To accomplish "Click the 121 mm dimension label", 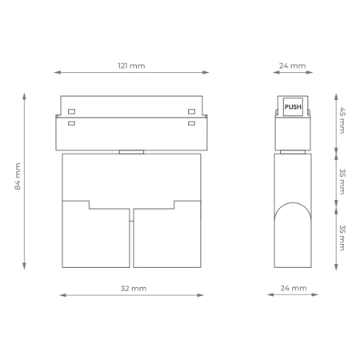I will click(131, 66).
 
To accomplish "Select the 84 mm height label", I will click(18, 181).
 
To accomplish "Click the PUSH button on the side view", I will click(293, 106).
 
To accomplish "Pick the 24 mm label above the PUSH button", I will click(293, 66).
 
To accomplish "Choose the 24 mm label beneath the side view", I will click(293, 287).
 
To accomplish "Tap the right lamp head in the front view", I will click(167, 236).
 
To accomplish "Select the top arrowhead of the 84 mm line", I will click(24, 96).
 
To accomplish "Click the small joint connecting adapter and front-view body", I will click(131, 151).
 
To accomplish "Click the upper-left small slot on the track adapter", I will click(72, 110).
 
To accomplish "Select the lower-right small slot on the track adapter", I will click(191, 123).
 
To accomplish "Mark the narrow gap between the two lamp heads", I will click(131, 238).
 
